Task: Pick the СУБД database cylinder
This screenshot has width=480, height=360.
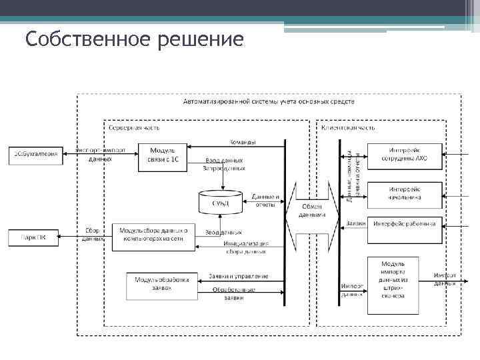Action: [221, 201]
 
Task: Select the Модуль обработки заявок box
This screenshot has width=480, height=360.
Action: [162, 283]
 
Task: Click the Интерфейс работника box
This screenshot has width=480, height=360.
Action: [404, 224]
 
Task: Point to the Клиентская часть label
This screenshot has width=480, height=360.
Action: [348, 127]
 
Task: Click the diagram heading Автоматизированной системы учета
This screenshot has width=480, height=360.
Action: [269, 102]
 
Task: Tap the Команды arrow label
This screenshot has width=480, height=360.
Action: [242, 142]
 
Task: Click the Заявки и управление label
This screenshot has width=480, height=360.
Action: [239, 276]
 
